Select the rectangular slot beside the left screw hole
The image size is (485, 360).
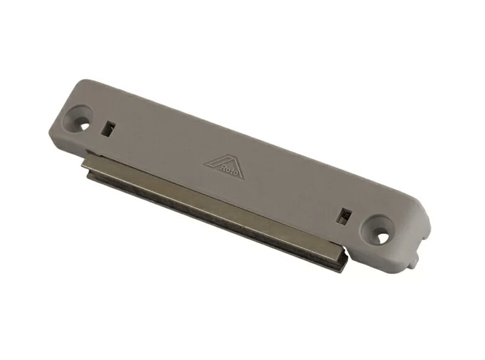pyautogui.click(x=108, y=128)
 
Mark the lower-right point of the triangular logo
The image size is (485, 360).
pyautogui.click(x=243, y=178)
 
